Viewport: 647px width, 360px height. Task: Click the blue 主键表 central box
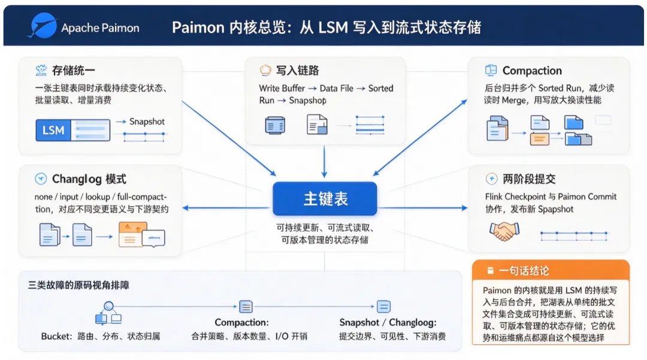(x=325, y=199)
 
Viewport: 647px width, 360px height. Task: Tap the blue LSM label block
(x=53, y=131)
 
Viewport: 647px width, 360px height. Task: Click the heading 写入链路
(x=297, y=71)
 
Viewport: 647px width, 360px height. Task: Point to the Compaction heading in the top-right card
(x=532, y=71)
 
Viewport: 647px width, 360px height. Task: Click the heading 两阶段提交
(x=529, y=179)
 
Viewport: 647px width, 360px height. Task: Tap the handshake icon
(x=504, y=231)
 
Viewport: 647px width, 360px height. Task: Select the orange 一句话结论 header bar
(x=551, y=271)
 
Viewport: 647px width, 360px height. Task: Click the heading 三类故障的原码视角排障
(x=78, y=285)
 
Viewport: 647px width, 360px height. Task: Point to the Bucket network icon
(x=108, y=313)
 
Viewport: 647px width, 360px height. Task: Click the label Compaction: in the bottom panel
(x=241, y=322)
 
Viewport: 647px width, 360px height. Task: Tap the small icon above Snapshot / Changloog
(x=383, y=307)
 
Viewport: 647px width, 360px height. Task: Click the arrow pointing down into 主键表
(x=324, y=162)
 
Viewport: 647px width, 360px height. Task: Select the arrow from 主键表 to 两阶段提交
(x=422, y=208)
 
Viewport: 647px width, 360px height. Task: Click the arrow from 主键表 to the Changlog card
(x=228, y=208)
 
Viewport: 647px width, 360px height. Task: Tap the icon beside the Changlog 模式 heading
(x=41, y=179)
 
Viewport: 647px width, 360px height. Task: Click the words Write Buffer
(x=282, y=88)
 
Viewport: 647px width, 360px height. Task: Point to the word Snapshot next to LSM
(x=147, y=122)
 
